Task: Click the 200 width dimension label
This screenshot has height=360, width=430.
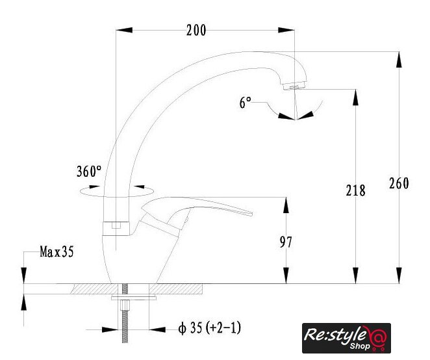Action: (x=196, y=30)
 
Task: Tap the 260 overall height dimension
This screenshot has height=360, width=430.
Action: (x=399, y=183)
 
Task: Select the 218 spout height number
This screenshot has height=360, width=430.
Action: (x=356, y=190)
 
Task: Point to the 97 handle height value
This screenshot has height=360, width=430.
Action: (x=286, y=242)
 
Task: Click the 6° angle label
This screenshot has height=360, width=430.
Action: (x=245, y=103)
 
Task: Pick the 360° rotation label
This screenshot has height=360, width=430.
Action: (x=89, y=172)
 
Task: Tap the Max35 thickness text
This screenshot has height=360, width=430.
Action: (x=57, y=251)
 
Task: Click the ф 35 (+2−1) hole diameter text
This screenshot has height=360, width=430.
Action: (x=210, y=328)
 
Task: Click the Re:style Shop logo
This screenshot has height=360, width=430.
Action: (x=346, y=338)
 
